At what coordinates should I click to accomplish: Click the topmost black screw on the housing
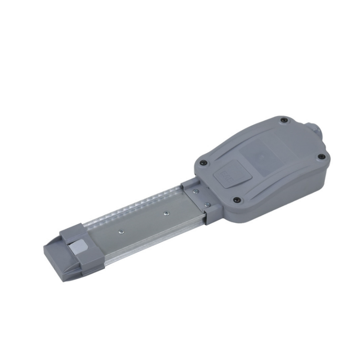284,120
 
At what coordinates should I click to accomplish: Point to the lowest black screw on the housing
236,200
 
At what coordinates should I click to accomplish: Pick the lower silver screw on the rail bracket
207,204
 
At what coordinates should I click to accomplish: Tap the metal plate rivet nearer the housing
166,213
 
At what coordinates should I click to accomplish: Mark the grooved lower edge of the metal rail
157,244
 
